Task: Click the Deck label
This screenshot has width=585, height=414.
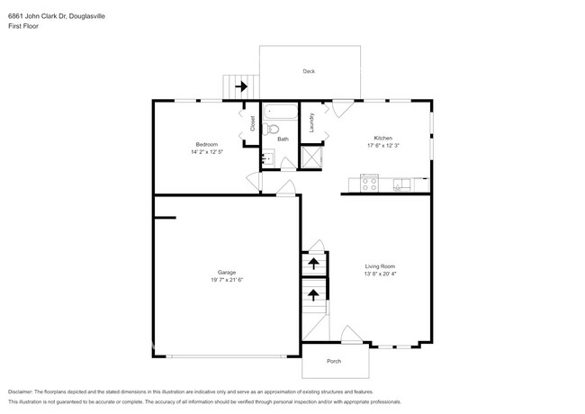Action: pyautogui.click(x=309, y=70)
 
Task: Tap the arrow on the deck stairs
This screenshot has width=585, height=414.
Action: pyautogui.click(x=241, y=87)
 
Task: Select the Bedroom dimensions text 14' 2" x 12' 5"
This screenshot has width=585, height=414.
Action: pyautogui.click(x=206, y=152)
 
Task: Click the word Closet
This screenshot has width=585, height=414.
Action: pyautogui.click(x=252, y=123)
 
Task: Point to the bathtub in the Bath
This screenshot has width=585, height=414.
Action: pyautogui.click(x=281, y=115)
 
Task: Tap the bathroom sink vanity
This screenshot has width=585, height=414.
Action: pyautogui.click(x=266, y=160)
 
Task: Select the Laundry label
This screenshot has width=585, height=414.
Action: pyautogui.click(x=311, y=121)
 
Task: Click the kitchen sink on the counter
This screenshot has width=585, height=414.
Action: pyautogui.click(x=400, y=186)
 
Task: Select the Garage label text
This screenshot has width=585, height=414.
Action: pyautogui.click(x=226, y=272)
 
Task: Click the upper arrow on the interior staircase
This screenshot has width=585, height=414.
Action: pyautogui.click(x=313, y=263)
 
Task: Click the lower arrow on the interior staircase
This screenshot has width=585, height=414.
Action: pyautogui.click(x=313, y=293)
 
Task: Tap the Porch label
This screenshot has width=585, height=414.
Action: pyautogui.click(x=334, y=362)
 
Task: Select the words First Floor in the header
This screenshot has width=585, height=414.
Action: pyautogui.click(x=24, y=26)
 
